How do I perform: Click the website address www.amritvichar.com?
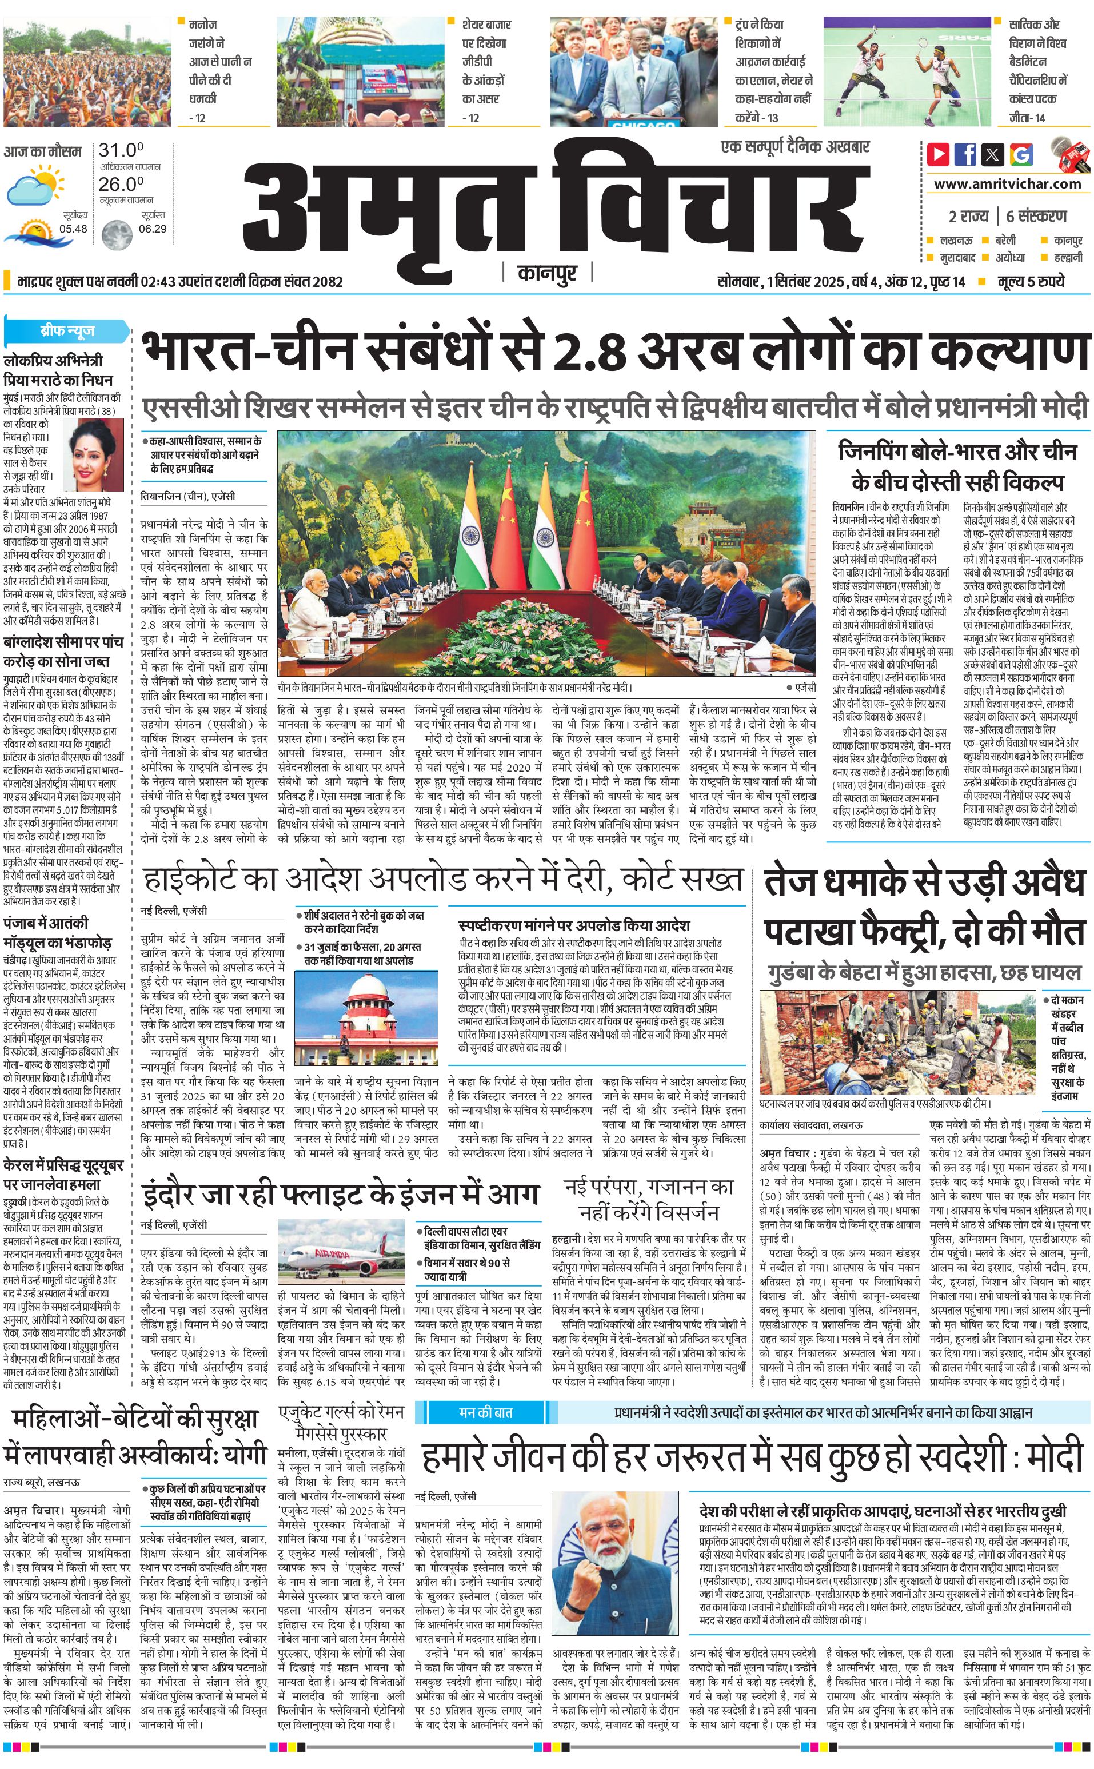click(1007, 184)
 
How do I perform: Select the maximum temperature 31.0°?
click(121, 150)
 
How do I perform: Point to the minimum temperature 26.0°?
click(121, 185)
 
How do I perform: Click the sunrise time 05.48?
click(73, 229)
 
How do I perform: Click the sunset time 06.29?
click(153, 229)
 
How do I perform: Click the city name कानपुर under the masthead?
click(548, 273)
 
